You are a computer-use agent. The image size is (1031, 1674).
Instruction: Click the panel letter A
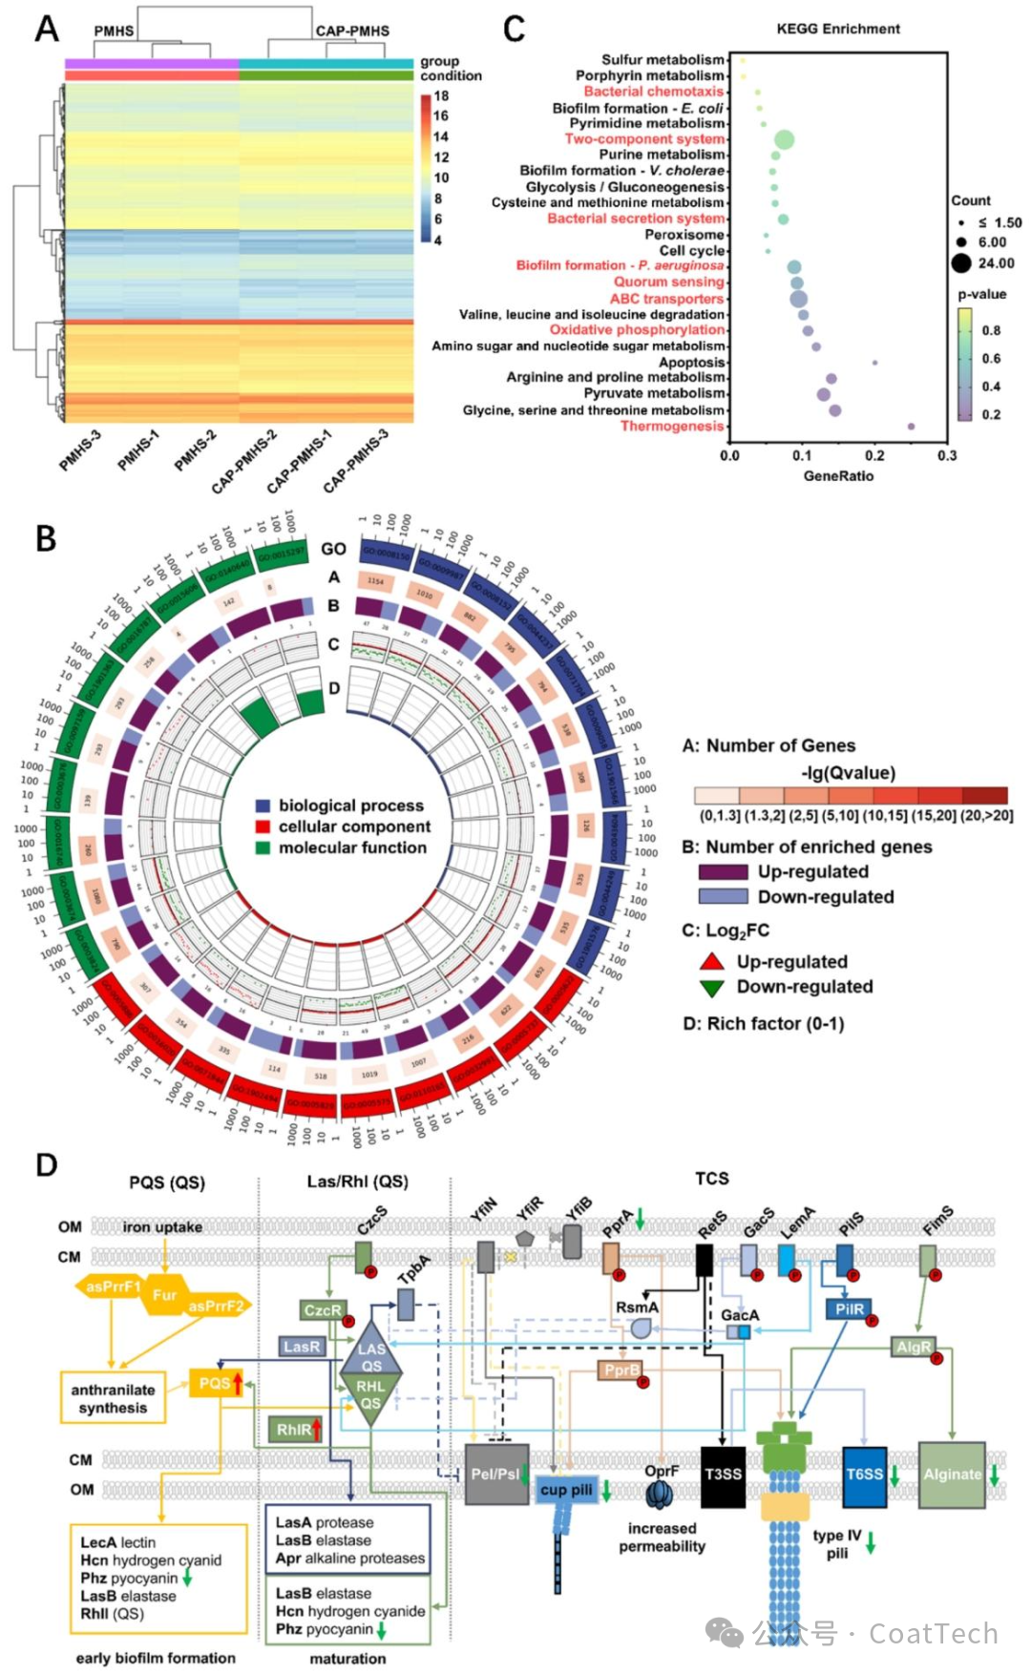pos(47,30)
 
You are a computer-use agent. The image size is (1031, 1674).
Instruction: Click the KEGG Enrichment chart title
pos(837,29)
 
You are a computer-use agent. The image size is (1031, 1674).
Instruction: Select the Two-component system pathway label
pos(644,139)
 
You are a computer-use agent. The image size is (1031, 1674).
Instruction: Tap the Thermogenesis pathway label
pos(672,426)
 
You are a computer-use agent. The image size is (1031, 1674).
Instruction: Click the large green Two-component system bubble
pos(784,140)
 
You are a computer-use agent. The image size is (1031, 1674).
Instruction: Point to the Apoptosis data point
pos(874,363)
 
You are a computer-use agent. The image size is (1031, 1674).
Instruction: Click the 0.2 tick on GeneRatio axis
pos(874,456)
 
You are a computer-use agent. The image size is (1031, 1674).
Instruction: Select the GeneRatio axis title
pos(837,475)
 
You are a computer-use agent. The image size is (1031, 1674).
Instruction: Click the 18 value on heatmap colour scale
pos(441,96)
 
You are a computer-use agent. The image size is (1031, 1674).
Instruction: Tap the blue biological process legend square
pos(263,806)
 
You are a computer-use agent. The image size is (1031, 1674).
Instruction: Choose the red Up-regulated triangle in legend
pos(712,961)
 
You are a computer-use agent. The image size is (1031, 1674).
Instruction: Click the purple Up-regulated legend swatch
pos(723,871)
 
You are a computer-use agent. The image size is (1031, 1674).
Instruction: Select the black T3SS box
pos(723,1475)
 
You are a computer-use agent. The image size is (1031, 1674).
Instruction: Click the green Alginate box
pos(951,1475)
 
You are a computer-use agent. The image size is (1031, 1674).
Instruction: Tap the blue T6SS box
pos(864,1475)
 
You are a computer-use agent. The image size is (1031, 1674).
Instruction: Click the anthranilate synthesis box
pos(113,1398)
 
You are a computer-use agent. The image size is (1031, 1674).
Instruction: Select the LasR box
pos(302,1347)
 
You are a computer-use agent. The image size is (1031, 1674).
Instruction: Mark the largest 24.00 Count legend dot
pos(960,263)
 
